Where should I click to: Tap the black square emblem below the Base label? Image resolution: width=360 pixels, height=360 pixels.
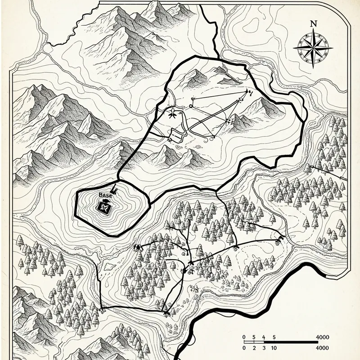105,207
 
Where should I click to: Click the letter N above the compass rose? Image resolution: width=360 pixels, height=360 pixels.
314,23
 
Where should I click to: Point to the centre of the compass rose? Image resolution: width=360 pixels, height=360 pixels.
314,48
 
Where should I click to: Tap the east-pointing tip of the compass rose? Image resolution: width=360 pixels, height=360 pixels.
332,48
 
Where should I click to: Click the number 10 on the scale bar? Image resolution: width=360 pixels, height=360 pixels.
273,347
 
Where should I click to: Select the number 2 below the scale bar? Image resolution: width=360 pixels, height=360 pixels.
254,347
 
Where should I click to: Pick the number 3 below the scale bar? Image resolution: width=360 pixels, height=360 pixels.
264,347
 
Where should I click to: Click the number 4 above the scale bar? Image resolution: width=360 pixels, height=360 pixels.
264,337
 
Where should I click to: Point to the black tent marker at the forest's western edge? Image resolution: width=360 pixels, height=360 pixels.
136,247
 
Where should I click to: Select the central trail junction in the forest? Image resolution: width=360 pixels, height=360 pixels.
191,261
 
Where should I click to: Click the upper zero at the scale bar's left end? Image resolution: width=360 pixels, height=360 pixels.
243,337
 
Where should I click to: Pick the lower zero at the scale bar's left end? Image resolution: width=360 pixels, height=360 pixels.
243,347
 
